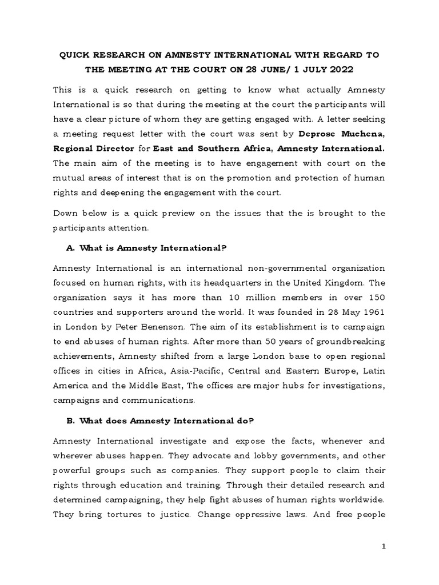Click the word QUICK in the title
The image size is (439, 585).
pos(76,55)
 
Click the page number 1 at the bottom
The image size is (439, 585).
pos(384,547)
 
